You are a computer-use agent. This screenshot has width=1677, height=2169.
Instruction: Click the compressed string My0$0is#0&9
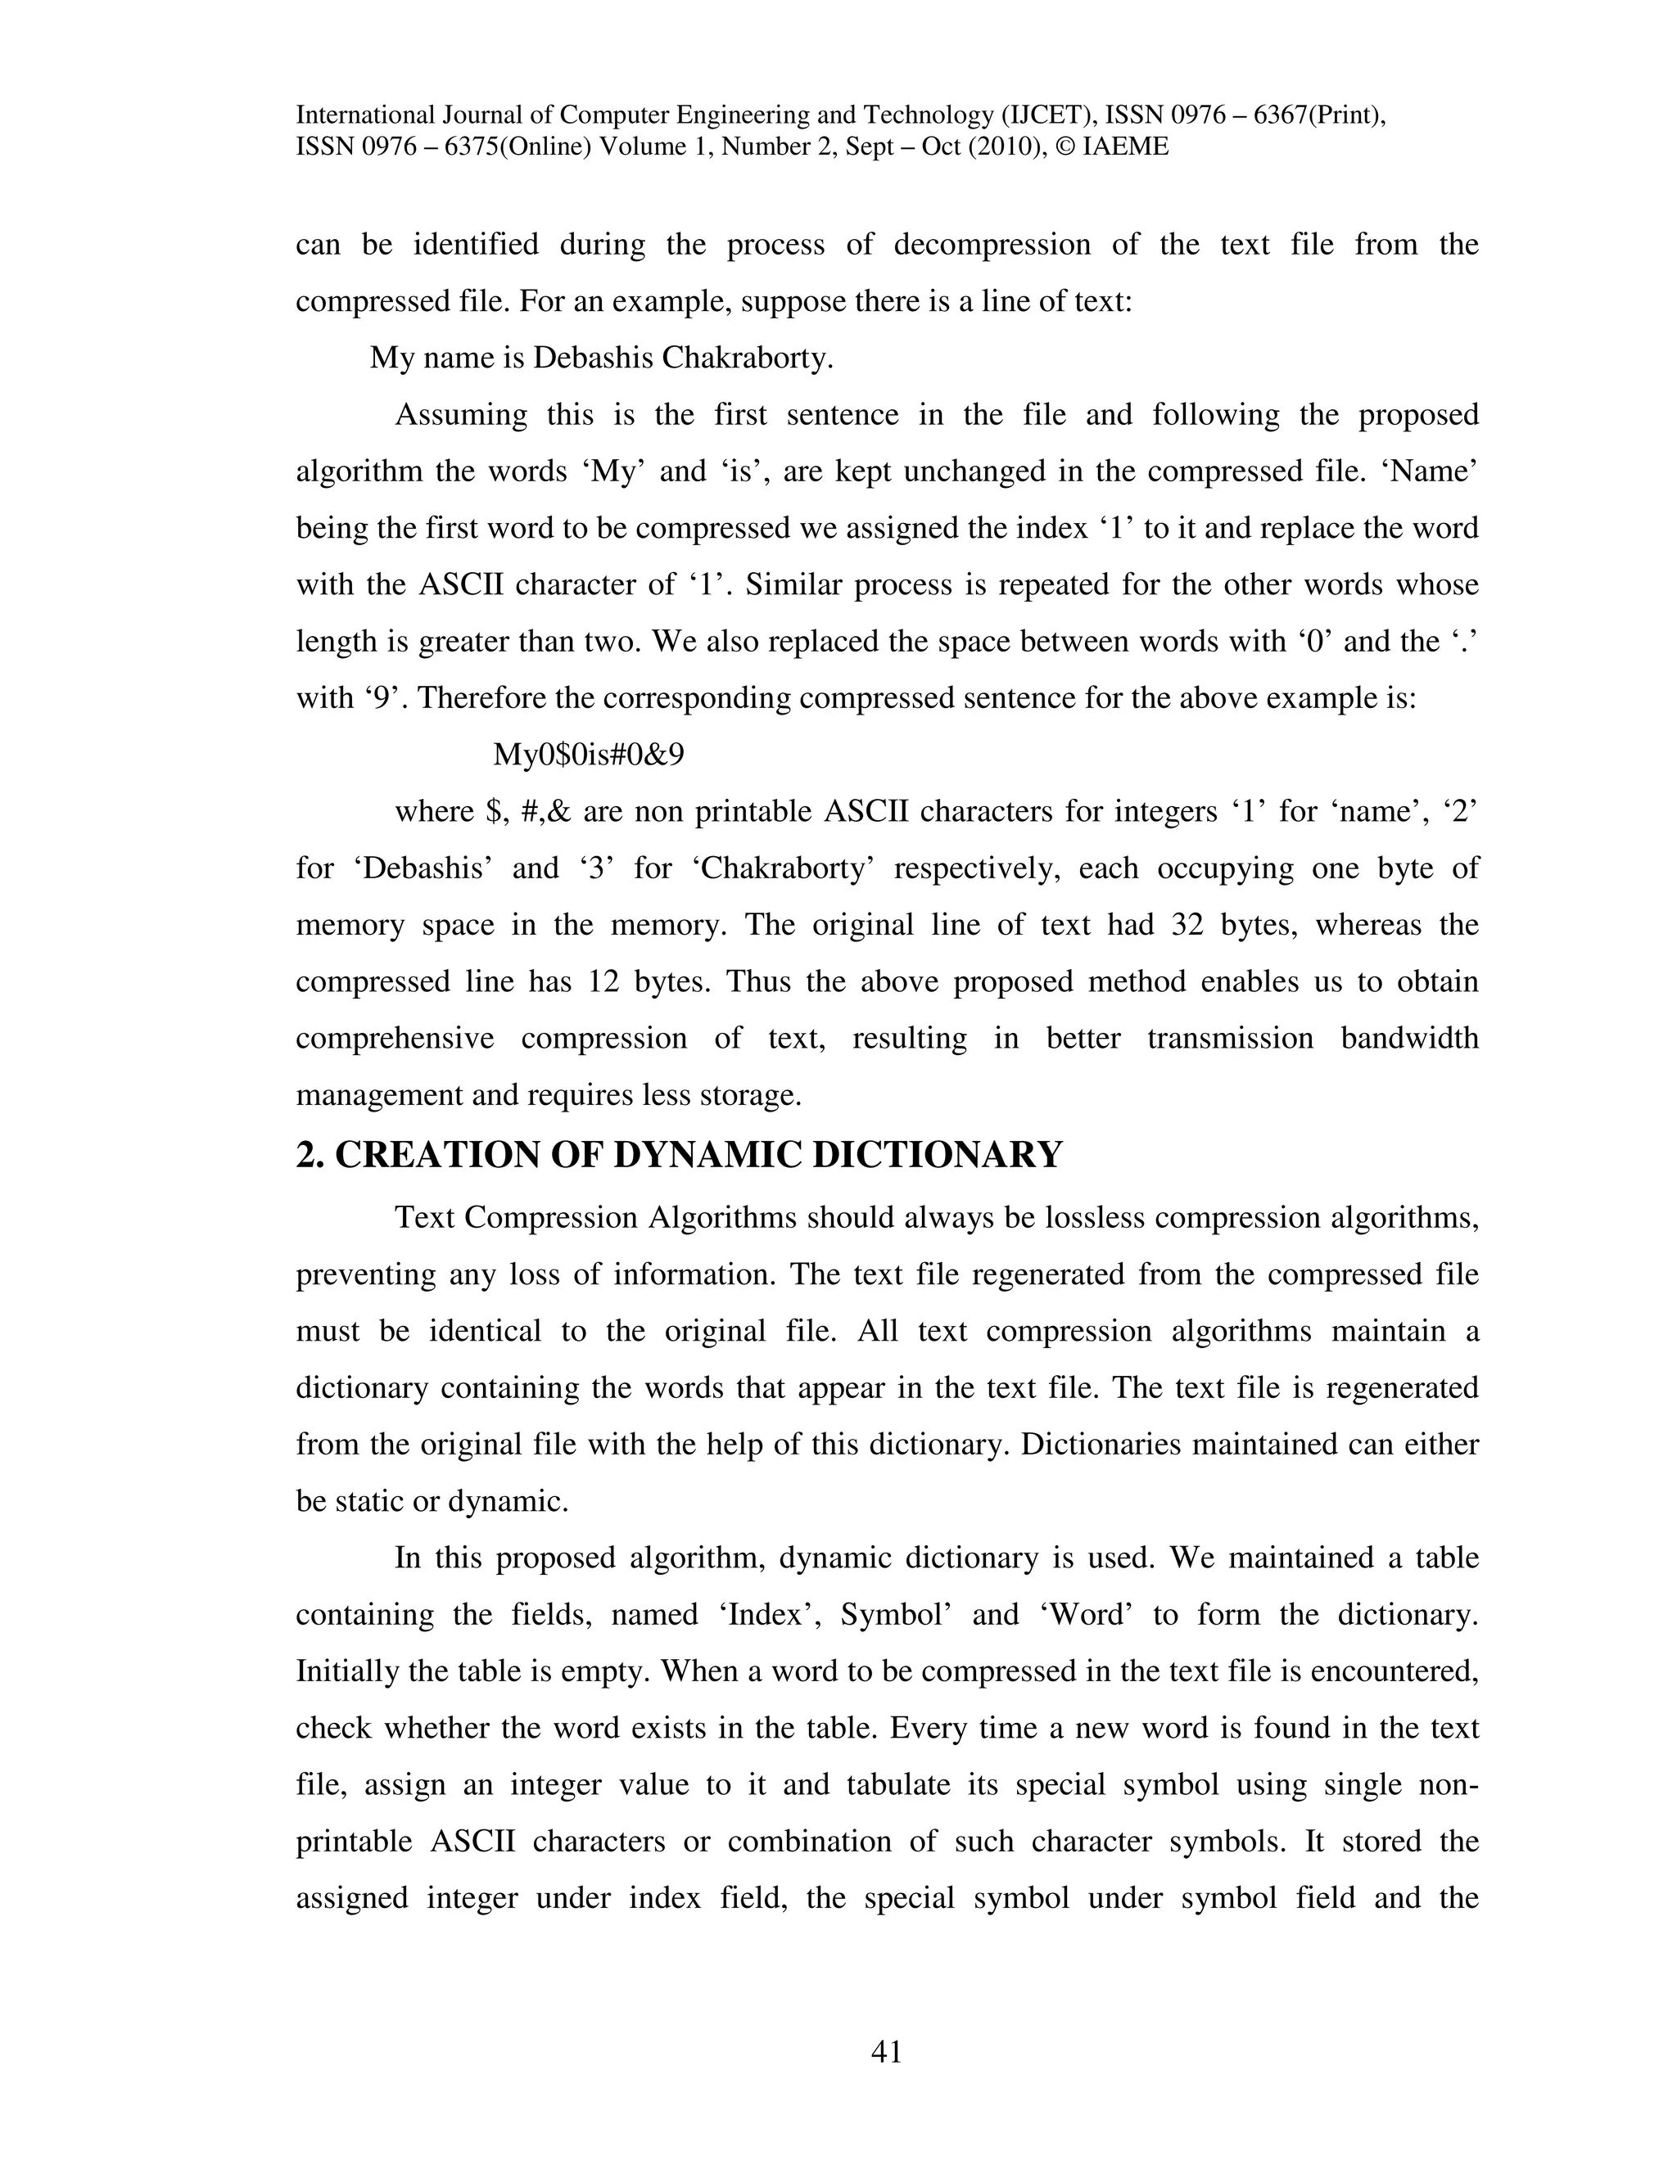588,755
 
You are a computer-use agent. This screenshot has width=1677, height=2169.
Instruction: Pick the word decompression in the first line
992,244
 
